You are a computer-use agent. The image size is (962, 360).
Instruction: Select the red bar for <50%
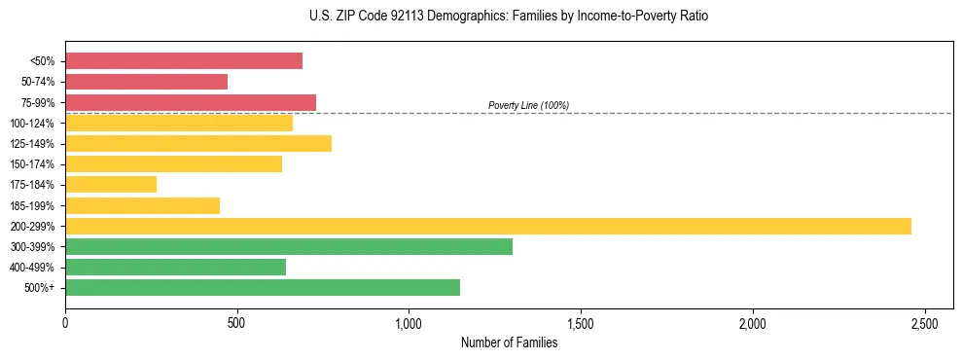click(184, 61)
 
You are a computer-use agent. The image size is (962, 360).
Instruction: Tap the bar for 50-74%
click(146, 82)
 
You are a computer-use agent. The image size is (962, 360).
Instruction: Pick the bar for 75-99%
click(191, 102)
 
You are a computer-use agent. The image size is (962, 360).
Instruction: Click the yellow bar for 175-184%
click(111, 184)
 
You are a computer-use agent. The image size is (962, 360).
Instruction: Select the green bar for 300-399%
click(289, 246)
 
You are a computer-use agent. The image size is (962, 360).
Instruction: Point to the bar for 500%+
click(263, 287)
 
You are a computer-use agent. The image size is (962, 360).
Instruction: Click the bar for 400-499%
click(175, 267)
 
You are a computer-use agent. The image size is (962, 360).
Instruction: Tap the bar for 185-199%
click(142, 205)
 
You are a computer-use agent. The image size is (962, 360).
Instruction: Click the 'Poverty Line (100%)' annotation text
click(528, 105)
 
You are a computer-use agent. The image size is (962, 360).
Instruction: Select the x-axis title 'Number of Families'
click(509, 342)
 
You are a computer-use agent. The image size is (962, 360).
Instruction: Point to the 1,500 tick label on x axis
click(581, 323)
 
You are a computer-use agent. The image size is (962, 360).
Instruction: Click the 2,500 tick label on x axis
click(925, 323)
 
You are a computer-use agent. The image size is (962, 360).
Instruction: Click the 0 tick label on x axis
click(65, 323)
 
